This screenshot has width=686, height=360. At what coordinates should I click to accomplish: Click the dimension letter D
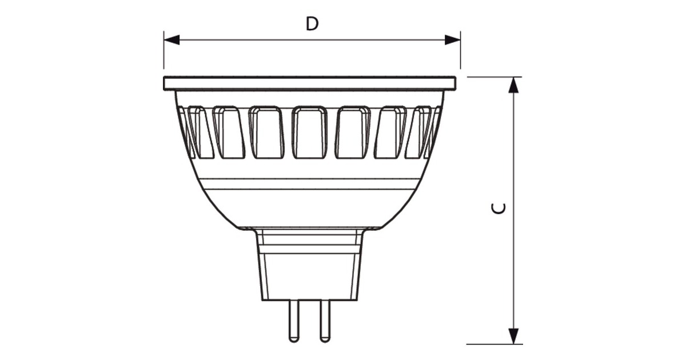[x=312, y=24]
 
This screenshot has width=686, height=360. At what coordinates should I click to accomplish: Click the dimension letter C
[x=498, y=209]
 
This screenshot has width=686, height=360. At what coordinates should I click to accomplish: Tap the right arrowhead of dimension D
[x=453, y=39]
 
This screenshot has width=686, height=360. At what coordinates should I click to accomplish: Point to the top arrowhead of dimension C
[x=514, y=85]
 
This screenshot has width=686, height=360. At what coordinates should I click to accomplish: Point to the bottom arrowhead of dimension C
[x=514, y=336]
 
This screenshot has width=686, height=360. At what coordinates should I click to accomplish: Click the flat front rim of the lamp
[x=310, y=83]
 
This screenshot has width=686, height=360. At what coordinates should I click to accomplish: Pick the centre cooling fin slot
[x=310, y=133]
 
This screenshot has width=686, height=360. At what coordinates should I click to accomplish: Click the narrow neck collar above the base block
[x=310, y=238]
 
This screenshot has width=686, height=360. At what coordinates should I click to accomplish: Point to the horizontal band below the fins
[x=310, y=183]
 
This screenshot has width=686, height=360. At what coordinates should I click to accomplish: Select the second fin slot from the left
[x=229, y=133]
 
